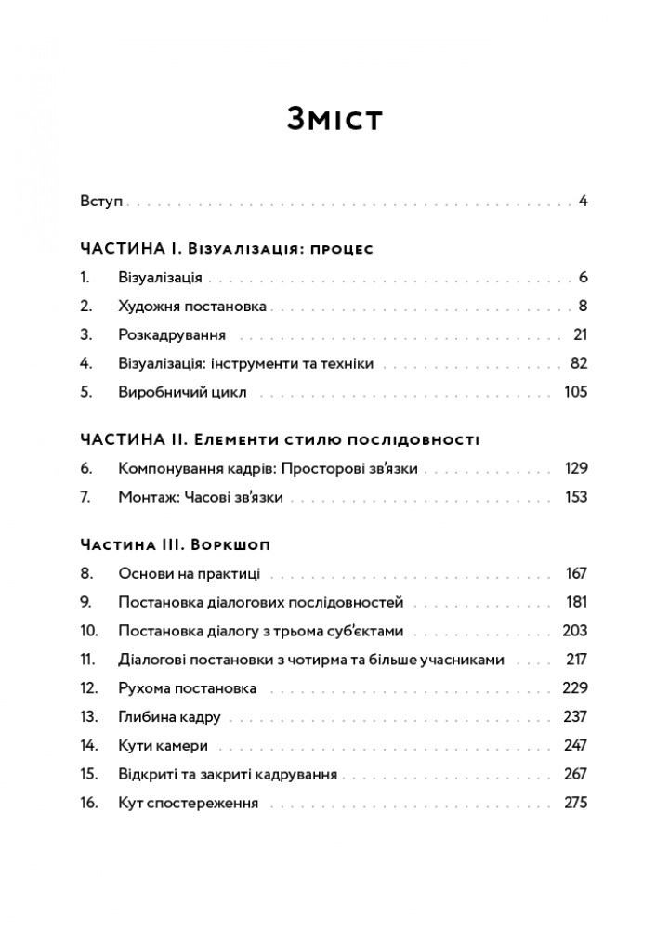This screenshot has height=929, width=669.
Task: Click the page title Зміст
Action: [x=334, y=120]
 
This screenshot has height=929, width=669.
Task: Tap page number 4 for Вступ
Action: [x=583, y=201]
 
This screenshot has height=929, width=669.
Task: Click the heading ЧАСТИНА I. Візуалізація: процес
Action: [x=227, y=250]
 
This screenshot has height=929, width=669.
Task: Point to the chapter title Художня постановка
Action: [x=192, y=306]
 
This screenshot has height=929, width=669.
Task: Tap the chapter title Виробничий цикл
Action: [x=182, y=392]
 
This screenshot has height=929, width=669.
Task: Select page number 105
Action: [x=576, y=392]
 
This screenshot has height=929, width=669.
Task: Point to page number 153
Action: [x=576, y=497]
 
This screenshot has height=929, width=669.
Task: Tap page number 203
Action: [x=575, y=631]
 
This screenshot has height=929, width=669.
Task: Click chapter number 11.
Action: [x=89, y=660]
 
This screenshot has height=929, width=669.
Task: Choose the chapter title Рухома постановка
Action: [x=188, y=688]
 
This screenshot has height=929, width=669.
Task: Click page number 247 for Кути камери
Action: [x=576, y=746]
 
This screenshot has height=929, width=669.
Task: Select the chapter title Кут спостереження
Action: [x=189, y=804]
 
